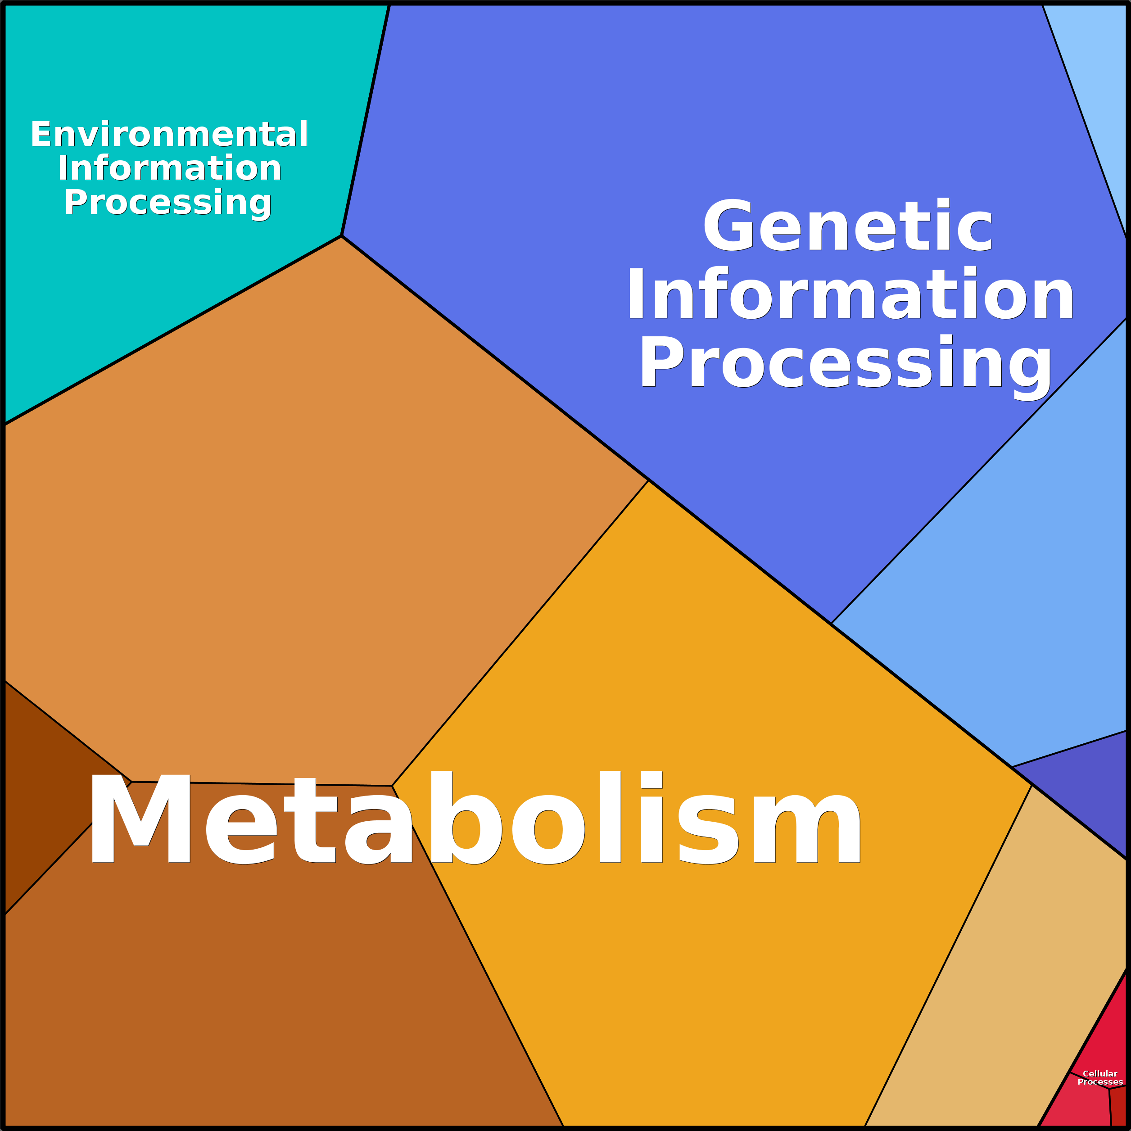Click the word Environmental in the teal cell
point(169,134)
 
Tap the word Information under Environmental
point(169,168)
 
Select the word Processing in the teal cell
point(168,203)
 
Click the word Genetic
point(848,226)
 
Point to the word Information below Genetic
point(850,293)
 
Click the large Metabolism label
point(475,817)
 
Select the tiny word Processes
point(1100,1082)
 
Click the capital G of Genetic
point(728,226)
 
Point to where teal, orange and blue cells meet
point(341,236)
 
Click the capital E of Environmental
point(41,134)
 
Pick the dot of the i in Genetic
point(942,203)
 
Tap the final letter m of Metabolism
point(807,828)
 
